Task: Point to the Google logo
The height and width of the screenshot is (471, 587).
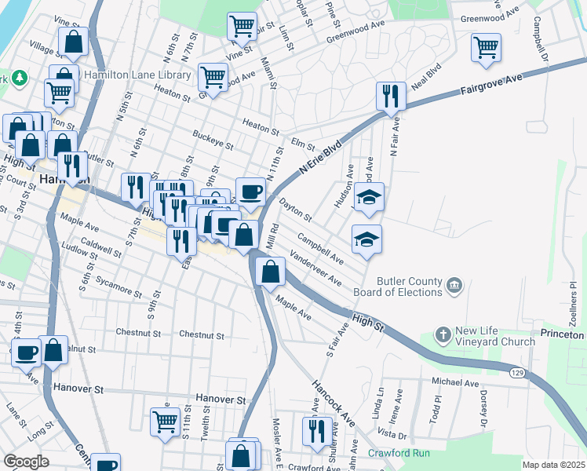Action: (x=27, y=462)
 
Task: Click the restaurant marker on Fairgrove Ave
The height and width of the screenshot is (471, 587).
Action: (x=391, y=97)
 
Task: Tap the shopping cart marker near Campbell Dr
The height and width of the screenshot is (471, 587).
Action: (x=486, y=47)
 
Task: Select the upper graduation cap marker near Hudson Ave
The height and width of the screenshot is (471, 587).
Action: (x=368, y=197)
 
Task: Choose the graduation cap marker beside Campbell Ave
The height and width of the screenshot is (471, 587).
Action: (x=366, y=239)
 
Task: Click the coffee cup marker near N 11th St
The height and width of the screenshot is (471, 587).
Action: (x=250, y=191)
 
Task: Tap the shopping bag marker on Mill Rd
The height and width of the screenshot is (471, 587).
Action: (x=271, y=272)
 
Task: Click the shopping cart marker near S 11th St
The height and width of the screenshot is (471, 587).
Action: (x=166, y=422)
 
